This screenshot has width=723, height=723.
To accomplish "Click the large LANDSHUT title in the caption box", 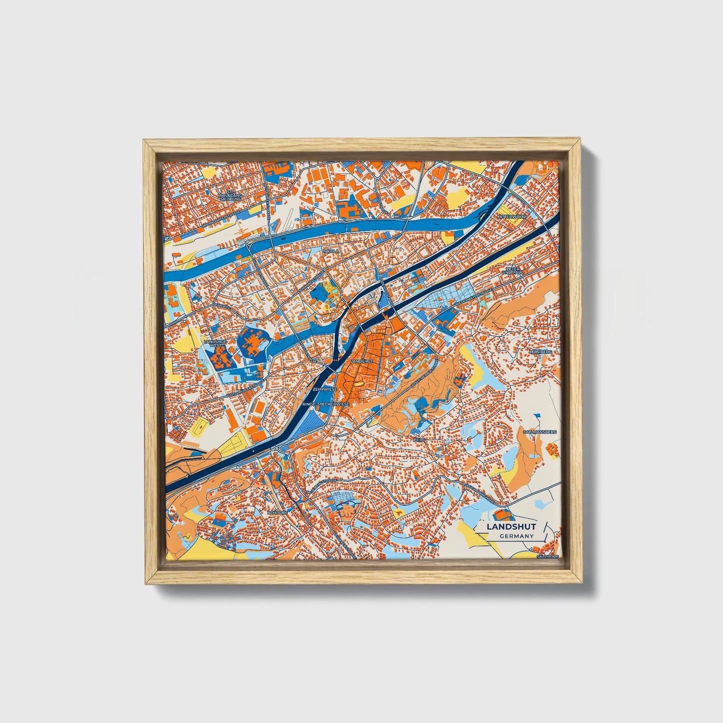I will point(511,527).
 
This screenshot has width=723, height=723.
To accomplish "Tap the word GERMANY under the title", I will point(516,536).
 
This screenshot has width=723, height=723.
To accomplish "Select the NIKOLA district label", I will point(331,251).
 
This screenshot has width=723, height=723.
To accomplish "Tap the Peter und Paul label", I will point(511,270).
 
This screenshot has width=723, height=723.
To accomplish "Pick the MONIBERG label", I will point(540,352).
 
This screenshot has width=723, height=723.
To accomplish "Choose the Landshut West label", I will point(215,343).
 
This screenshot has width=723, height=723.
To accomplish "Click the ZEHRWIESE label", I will point(322,388).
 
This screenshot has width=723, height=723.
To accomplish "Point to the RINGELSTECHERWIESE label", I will point(326,403).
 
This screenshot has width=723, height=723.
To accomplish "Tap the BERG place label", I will point(419,439).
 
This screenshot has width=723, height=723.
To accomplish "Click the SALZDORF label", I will point(546,556).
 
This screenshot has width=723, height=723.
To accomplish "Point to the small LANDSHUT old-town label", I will point(362,361).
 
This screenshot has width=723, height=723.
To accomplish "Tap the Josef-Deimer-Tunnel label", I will point(425,372).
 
